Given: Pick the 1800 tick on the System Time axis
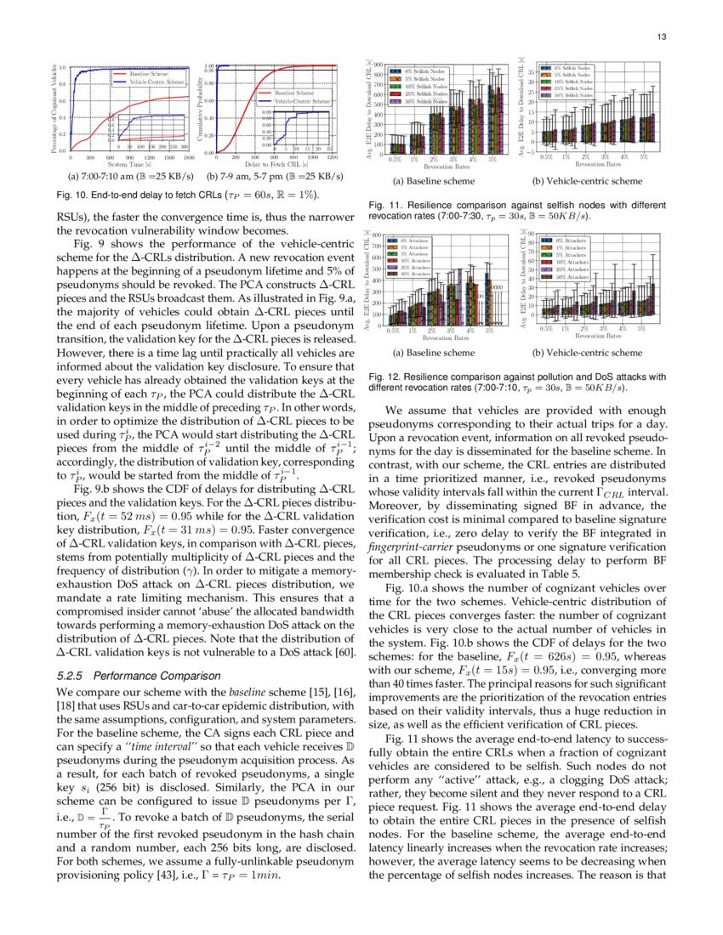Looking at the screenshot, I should (x=189, y=157).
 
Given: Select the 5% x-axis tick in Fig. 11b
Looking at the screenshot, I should (x=643, y=157).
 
